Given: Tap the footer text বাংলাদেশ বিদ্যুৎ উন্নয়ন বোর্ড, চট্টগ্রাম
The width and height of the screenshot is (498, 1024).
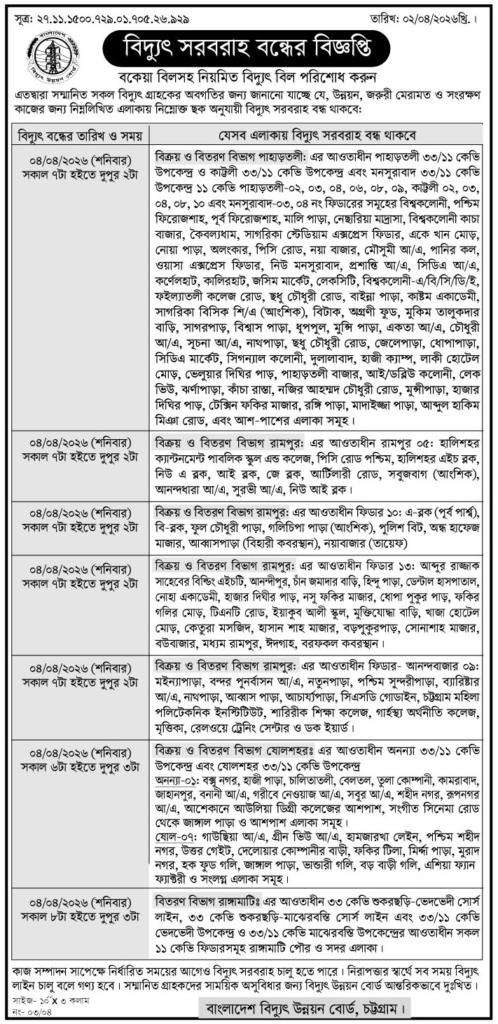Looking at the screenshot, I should pyautogui.click(x=301, y=1009).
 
